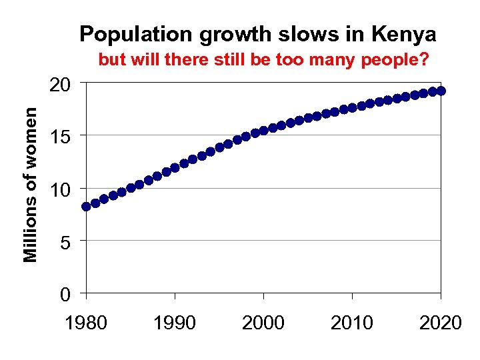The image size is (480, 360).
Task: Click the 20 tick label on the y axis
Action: tap(61, 85)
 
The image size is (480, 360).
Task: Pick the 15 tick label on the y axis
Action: tap(61, 137)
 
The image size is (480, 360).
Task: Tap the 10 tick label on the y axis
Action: tap(61, 191)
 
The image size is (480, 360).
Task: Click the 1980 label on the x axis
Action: tap(86, 323)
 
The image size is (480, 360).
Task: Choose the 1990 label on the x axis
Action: tap(175, 323)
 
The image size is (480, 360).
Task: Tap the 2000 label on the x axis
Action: tap(263, 323)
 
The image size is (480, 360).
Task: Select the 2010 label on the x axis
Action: tap(352, 323)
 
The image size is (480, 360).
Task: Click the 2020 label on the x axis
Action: tap(440, 323)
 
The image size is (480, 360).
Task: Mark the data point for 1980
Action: tap(86, 206)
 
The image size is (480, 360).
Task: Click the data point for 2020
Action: tap(441, 91)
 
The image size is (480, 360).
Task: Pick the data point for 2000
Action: tap(263, 131)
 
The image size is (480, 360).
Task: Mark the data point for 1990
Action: tap(175, 167)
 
